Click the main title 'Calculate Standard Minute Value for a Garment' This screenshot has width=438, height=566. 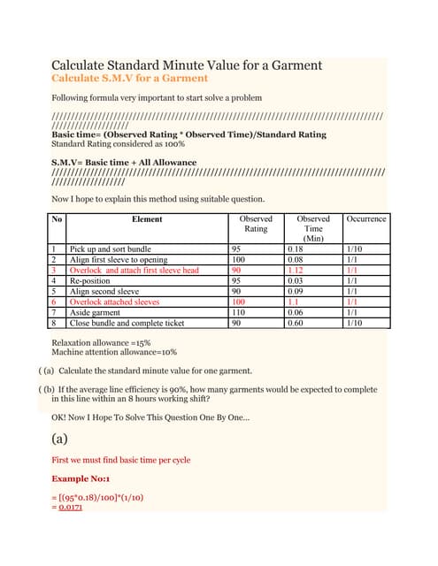pos(187,65)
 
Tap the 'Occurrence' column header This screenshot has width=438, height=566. pos(365,218)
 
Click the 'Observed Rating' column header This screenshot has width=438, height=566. pos(256,223)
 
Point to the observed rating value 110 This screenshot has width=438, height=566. pos(238,312)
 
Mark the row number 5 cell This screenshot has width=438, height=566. pos(54,292)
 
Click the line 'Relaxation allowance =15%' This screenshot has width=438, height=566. pos(102,342)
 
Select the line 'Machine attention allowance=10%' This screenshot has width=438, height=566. pos(114,352)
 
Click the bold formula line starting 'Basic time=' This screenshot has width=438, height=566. pos(188,134)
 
